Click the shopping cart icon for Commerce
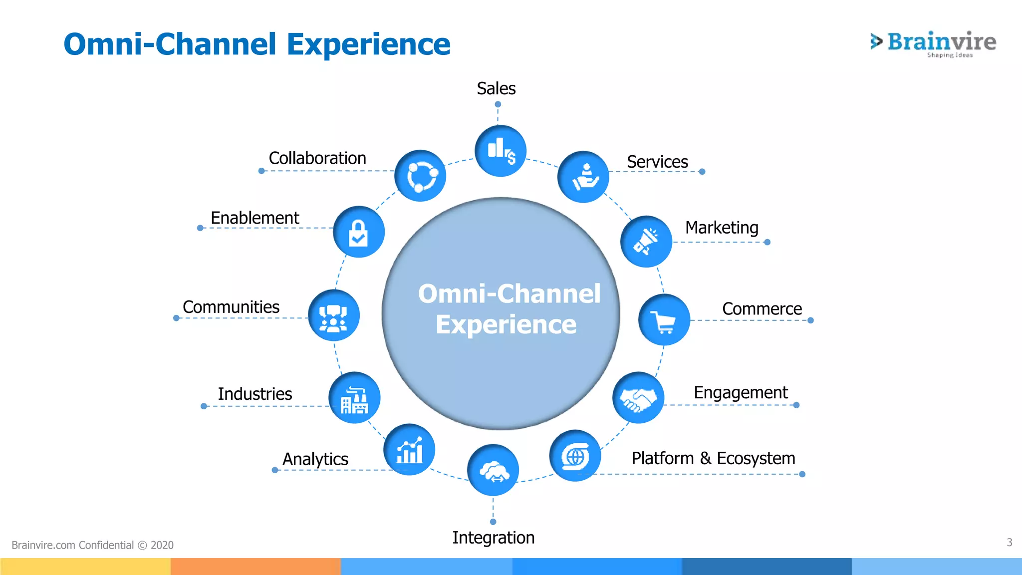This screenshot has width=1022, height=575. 664,320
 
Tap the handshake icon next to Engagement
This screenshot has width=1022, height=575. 638,398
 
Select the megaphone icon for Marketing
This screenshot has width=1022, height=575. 646,242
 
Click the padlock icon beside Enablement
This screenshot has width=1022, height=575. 358,232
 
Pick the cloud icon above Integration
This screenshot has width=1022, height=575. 493,470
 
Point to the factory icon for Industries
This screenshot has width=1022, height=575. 354,398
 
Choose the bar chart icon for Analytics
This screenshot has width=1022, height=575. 409,450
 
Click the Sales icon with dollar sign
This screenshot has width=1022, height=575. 501,151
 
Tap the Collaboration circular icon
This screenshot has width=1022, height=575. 421,176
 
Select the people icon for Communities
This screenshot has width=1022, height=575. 333,315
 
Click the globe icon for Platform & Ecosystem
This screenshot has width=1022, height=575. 575,456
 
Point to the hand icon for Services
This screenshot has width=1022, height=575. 583,177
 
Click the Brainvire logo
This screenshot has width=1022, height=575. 933,44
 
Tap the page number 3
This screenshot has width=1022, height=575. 1009,542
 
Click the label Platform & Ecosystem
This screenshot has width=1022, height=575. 713,458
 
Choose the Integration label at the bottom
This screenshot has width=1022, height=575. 493,538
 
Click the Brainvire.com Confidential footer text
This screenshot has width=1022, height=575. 92,545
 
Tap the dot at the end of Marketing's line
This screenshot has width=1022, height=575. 767,242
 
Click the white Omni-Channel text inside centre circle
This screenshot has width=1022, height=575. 509,293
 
